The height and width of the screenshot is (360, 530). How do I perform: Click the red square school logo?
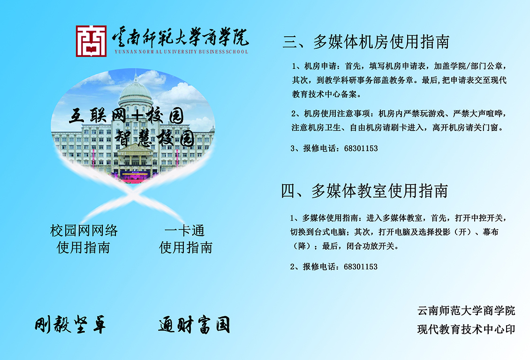tap(91, 41)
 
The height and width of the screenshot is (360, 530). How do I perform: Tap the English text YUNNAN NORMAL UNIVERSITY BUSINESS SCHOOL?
tap(181, 52)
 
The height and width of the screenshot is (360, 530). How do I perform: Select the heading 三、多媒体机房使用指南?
tap(366, 42)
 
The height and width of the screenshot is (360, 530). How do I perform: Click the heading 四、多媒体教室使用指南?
tap(364, 191)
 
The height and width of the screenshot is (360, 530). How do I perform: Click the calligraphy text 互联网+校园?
tap(127, 116)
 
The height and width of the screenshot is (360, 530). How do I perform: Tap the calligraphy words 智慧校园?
tap(154, 138)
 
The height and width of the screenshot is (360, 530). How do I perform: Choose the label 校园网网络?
tap(84, 231)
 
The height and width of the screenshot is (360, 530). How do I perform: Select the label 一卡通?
tap(185, 231)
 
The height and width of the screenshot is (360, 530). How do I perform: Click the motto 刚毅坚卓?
tap(70, 324)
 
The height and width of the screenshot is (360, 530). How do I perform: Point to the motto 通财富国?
tap(194, 325)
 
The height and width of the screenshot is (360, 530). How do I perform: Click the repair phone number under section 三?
tap(361, 148)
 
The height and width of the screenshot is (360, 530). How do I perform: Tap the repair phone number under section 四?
tap(361, 267)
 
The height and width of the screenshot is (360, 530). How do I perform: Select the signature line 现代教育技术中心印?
tap(466, 329)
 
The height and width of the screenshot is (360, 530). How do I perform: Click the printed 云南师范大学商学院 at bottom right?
tap(466, 311)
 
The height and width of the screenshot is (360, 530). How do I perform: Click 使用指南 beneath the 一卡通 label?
tap(186, 248)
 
